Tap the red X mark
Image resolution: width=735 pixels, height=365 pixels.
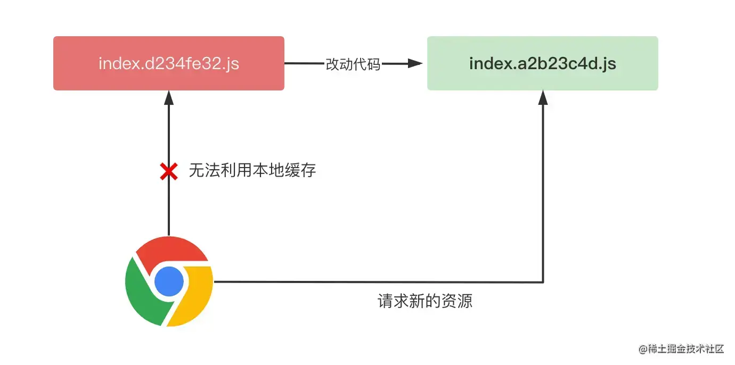point(169,171)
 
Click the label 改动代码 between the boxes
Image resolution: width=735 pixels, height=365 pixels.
point(353,64)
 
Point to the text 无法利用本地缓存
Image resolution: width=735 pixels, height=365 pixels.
point(252,171)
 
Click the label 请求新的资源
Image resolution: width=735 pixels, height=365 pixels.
point(424,302)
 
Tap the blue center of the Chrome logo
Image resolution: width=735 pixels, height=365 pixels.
point(169,281)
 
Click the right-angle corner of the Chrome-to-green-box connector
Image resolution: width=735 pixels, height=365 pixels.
point(543,281)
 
